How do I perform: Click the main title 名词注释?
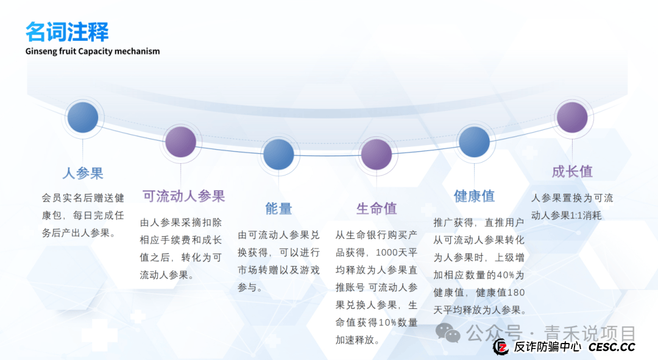click(67, 32)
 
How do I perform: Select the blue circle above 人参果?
click(82, 118)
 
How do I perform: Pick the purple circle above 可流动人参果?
click(180, 142)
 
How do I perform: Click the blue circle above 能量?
click(278, 154)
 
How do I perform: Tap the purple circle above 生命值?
click(377, 154)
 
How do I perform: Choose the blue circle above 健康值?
click(474, 142)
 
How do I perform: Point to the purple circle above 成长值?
click(572, 118)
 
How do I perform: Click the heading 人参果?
click(82, 173)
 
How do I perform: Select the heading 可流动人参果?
click(183, 196)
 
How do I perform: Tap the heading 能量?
click(278, 208)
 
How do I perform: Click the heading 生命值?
click(377, 208)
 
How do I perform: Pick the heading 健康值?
click(474, 196)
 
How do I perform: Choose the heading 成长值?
click(572, 172)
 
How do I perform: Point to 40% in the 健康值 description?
click(505, 275)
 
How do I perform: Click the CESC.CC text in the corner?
click(611, 347)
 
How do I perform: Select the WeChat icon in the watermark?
click(452, 333)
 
